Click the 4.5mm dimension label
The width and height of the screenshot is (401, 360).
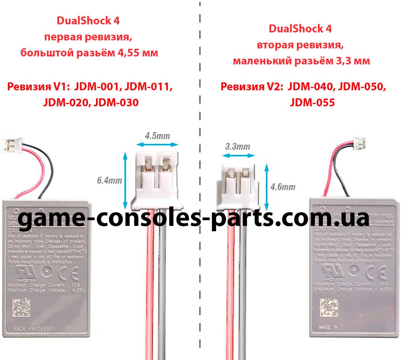point(157,135)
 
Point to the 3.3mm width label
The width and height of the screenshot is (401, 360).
point(237,146)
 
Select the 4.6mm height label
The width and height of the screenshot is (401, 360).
point(282,187)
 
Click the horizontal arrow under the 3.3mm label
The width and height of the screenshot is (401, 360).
point(238,155)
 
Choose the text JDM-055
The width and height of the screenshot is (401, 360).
point(312,102)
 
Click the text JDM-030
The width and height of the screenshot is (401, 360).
point(116,102)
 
